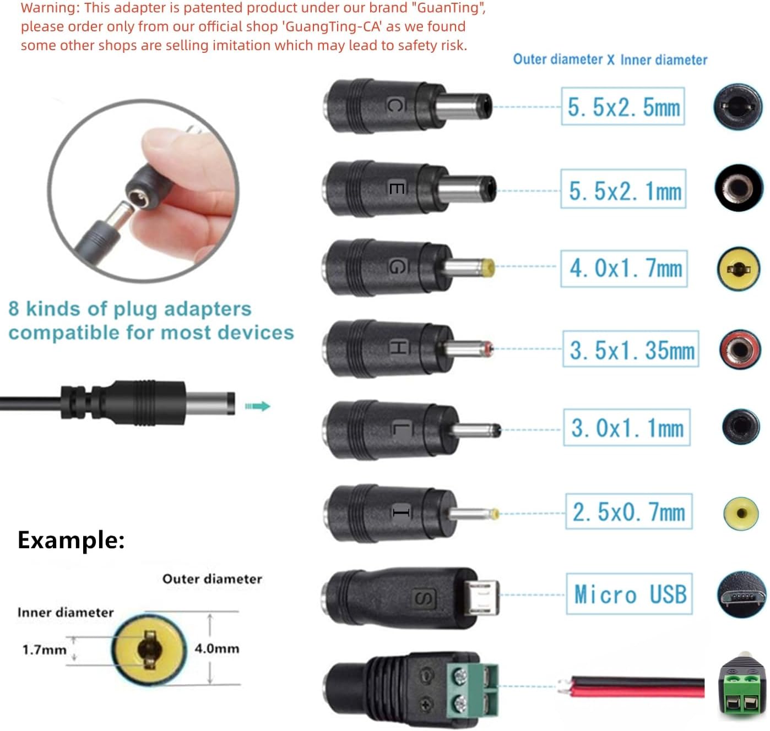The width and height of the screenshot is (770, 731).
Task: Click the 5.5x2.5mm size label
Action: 623,106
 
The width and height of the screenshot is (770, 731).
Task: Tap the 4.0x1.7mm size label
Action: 624,268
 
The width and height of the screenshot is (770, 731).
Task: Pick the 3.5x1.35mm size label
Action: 631,350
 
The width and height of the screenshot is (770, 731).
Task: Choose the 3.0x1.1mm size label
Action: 627,428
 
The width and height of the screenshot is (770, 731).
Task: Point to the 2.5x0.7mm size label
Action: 628,512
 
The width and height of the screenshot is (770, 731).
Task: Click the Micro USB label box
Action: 630,594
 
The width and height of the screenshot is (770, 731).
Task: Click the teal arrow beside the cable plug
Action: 258,406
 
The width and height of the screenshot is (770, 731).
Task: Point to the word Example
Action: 71,540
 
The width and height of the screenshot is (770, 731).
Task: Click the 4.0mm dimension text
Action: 217,648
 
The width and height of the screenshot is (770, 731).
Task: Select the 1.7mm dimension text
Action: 44,650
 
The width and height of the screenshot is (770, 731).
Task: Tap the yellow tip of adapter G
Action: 487,268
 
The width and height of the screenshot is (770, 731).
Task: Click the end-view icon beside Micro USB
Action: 741,595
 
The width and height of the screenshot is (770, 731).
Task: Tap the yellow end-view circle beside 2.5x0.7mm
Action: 741,513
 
